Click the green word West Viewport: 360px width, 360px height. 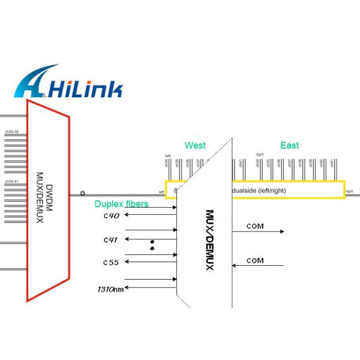click(195, 145)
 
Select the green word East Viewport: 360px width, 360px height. click(289, 145)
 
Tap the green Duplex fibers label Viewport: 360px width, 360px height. click(121, 204)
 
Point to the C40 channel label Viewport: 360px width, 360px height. click(111, 216)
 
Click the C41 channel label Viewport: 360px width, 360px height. click(111, 240)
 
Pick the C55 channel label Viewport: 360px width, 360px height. click(111, 263)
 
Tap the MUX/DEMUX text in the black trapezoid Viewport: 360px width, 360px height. click(209, 239)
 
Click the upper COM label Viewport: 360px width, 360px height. click(255, 227)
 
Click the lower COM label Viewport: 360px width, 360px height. click(255, 260)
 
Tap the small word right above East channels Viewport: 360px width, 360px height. click(259, 154)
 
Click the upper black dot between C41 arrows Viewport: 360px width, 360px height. click(152, 242)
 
